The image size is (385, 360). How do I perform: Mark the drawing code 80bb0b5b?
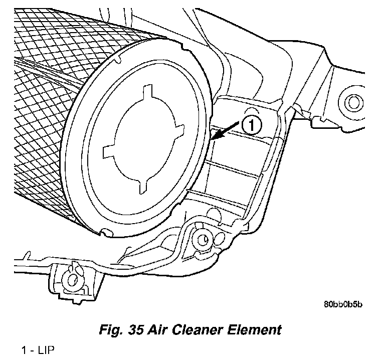343,304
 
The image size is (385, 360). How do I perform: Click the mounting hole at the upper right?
354,103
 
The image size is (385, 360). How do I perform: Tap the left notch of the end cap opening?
108,150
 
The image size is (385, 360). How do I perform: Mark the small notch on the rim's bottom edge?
104,232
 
